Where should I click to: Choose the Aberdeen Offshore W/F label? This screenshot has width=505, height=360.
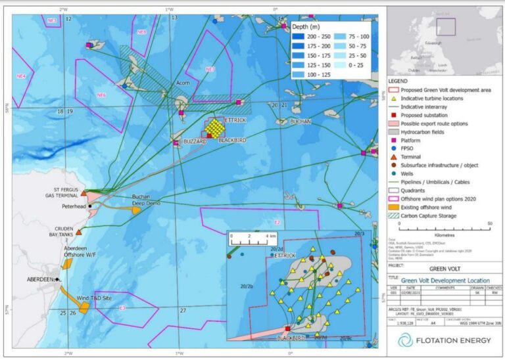pyautogui.click(x=81, y=252)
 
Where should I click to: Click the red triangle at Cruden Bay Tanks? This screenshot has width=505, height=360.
pyautogui.click(x=79, y=232)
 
